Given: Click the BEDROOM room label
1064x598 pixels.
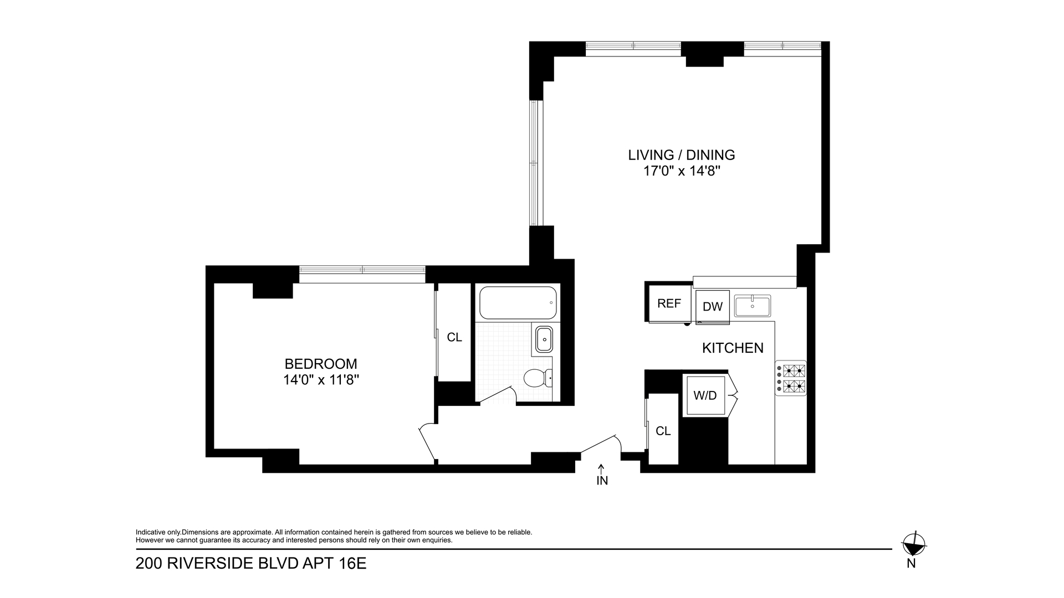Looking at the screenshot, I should point(320,364).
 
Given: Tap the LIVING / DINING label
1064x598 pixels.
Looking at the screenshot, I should point(681,155).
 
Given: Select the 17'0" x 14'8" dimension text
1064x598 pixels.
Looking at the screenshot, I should point(681,171).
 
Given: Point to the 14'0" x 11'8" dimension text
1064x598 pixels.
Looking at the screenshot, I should point(320,380).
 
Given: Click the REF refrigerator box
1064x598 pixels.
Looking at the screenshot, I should point(669,303).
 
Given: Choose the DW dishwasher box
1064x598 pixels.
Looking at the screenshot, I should point(713,306).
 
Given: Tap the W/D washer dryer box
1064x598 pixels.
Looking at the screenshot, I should point(705,395).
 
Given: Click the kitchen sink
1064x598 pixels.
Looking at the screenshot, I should point(752,306).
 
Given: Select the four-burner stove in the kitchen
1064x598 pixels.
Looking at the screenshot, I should point(791,378).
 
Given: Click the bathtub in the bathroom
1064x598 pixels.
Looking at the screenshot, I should point(518,303).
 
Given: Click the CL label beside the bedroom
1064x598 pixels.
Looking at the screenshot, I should point(454,337).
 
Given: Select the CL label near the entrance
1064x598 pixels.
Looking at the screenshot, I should point(663,431).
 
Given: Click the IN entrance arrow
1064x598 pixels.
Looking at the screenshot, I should point(602,470).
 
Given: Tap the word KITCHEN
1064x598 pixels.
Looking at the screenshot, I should point(733,348).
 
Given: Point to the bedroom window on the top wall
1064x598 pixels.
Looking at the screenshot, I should point(362,270).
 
